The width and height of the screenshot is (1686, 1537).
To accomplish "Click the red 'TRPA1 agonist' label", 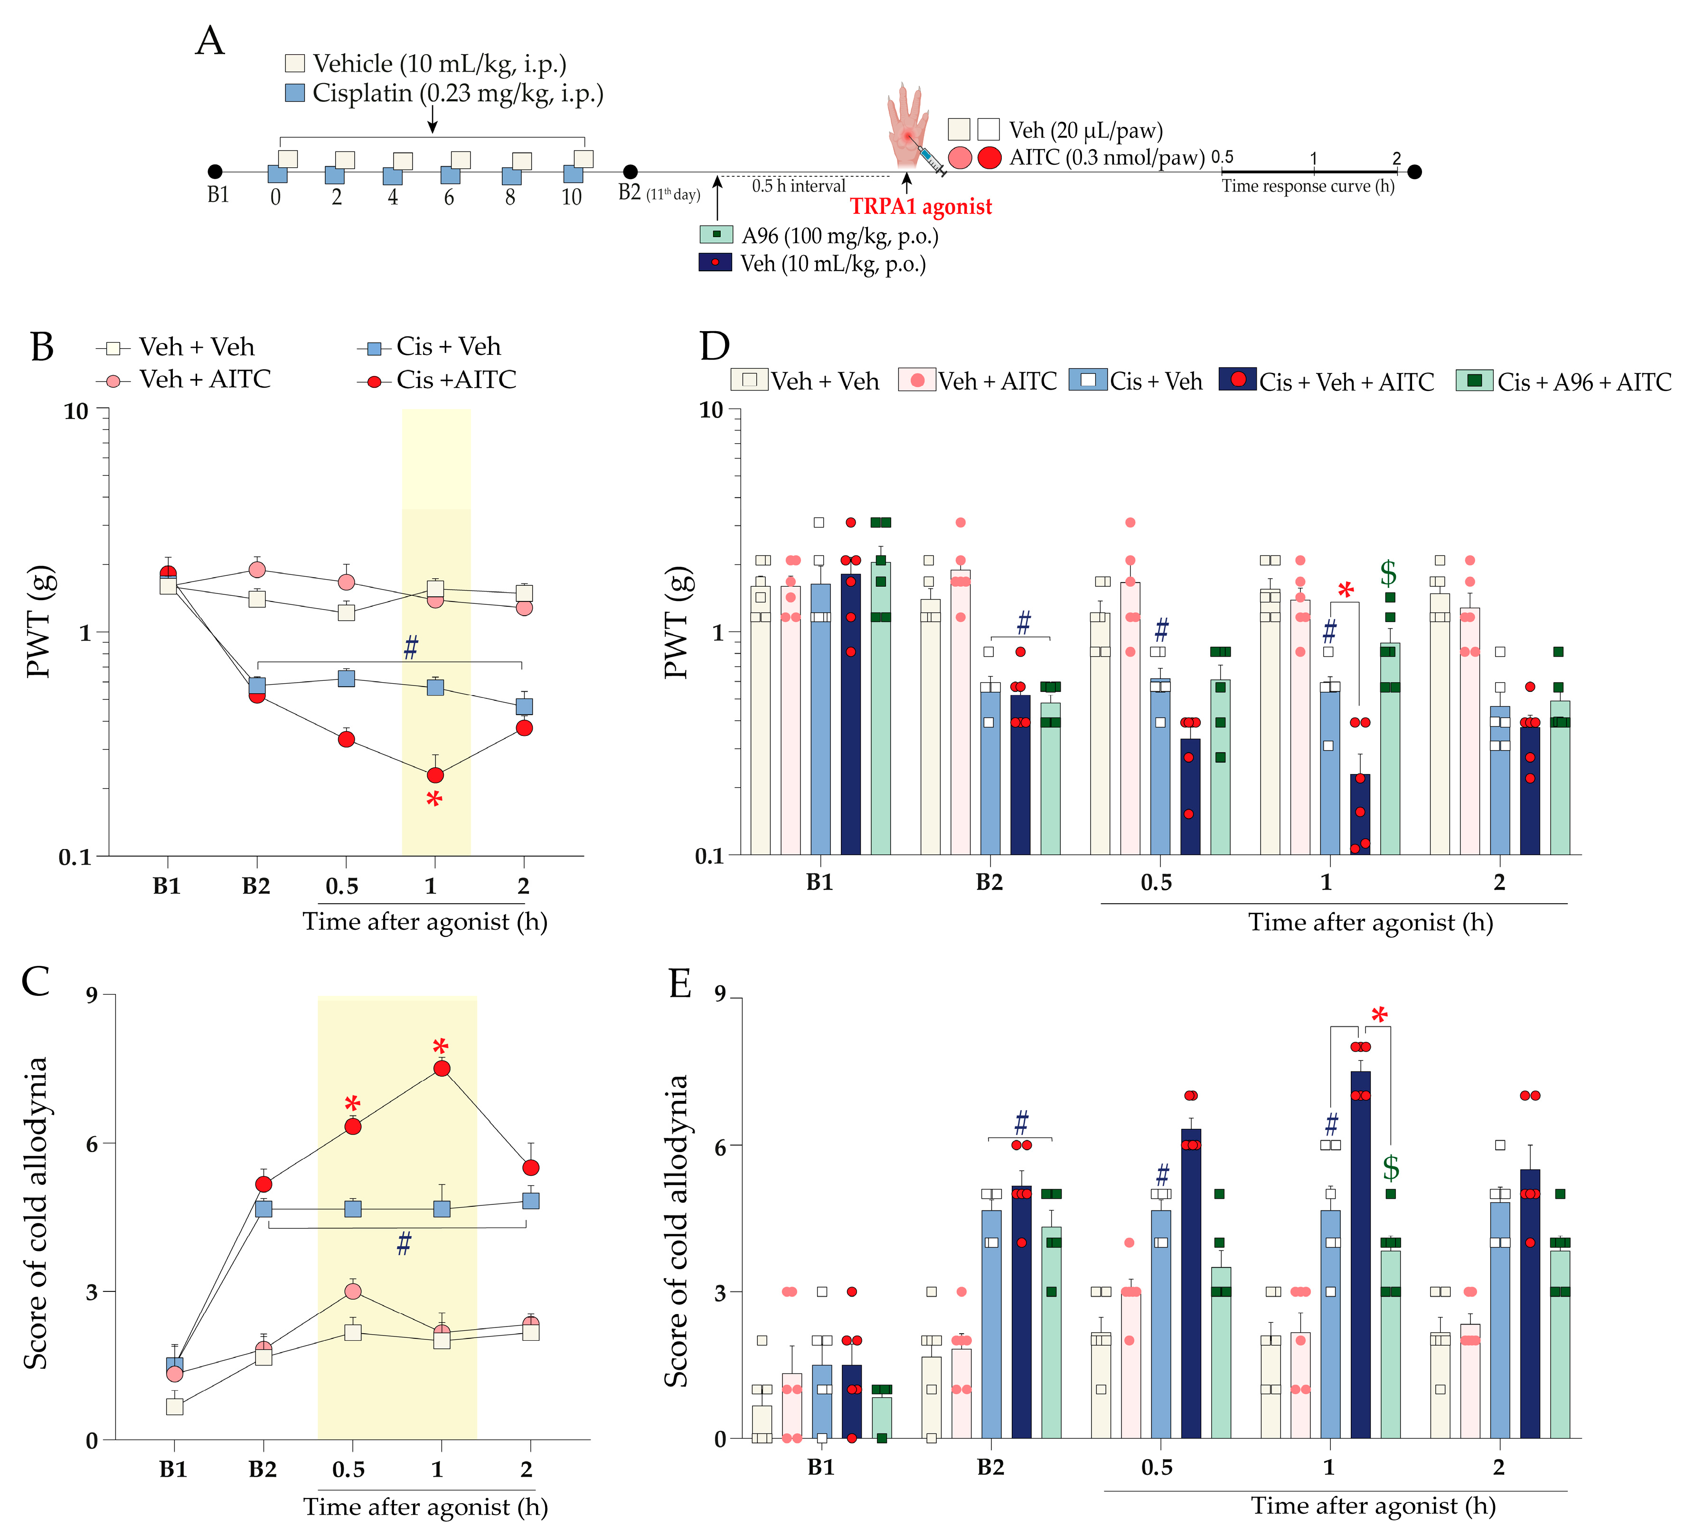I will [921, 207].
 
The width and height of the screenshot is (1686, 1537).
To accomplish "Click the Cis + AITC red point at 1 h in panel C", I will [442, 1069].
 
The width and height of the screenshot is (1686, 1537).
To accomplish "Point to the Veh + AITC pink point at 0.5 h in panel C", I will [353, 1291].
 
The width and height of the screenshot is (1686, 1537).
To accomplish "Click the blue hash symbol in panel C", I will [404, 1243].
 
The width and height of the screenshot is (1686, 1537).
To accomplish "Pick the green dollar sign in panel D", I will [1388, 573].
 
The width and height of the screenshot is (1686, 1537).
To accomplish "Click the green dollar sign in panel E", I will [1391, 1167].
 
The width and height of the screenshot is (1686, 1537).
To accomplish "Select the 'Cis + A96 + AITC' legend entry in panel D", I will [1564, 382].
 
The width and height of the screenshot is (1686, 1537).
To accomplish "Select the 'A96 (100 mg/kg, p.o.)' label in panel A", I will [839, 236].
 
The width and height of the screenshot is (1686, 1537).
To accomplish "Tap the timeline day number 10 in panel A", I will [571, 198].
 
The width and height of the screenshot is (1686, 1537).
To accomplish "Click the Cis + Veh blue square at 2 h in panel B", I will [524, 706].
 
